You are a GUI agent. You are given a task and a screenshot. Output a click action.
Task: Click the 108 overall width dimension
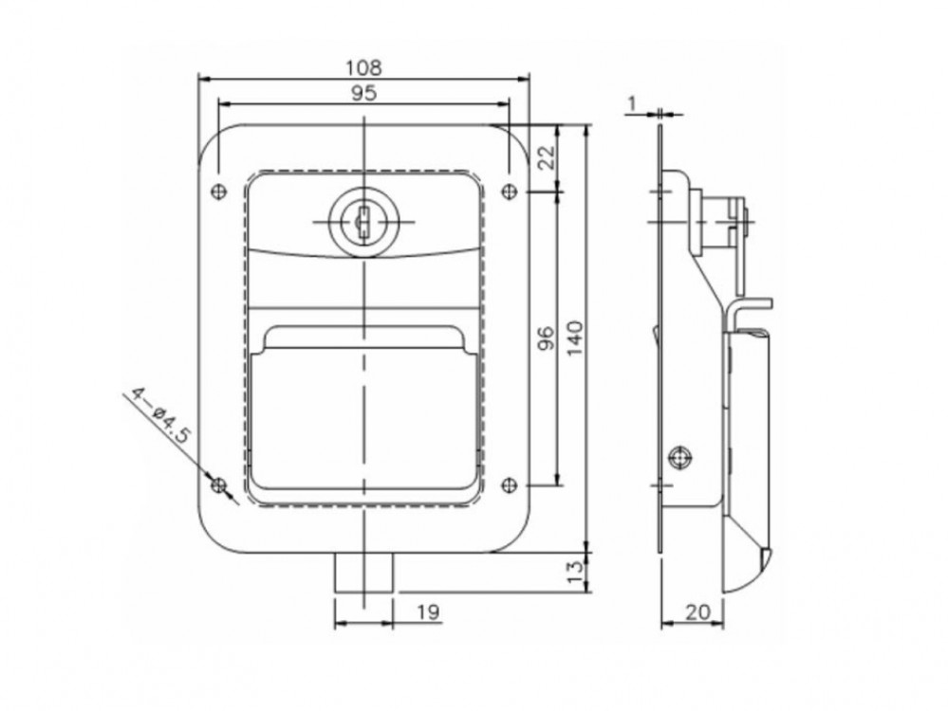[363, 67]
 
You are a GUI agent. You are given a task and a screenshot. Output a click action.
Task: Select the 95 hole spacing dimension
[363, 93]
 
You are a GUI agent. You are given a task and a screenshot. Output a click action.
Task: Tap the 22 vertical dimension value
[546, 158]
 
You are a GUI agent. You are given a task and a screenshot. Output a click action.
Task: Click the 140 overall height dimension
[575, 338]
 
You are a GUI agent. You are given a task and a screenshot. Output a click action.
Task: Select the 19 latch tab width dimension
[428, 611]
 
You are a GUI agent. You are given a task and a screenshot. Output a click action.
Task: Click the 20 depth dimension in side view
[697, 611]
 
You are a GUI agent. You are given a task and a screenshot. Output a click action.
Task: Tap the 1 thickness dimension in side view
[632, 104]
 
